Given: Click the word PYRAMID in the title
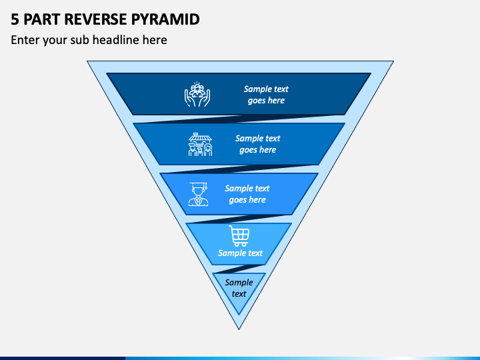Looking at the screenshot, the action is coord(165,19).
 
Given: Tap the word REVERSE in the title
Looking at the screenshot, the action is coord(95,19).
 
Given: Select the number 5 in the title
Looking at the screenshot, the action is coord(15,19).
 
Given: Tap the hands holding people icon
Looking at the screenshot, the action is coord(197,94).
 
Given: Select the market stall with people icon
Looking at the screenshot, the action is coord(200,145).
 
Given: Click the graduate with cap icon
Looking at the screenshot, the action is coord(199,194).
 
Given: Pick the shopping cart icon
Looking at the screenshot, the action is coord(239,236).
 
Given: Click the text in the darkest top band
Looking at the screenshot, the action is coord(266,95).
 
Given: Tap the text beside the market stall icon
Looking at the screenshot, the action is coord(258,144).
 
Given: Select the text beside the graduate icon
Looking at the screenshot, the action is coord(247,194).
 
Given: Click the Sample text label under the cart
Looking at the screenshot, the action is coord(240,253).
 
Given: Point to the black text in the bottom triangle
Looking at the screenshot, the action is coord(239,288).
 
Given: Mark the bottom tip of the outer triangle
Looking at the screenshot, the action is coord(239,329).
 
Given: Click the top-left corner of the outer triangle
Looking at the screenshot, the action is coord(87,61).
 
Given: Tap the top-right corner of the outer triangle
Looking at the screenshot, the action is coord(393,61).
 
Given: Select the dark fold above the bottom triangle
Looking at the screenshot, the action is coord(239,269).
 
